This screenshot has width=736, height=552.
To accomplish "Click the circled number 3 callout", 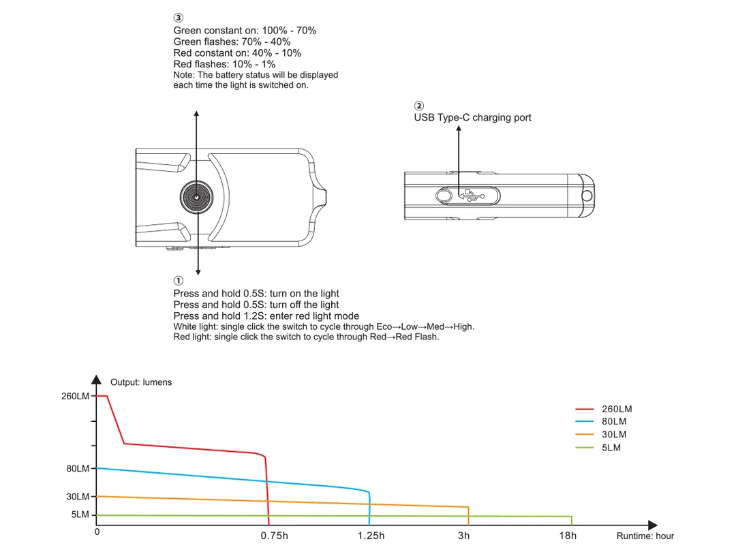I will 179,18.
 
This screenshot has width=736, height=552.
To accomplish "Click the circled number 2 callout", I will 418,106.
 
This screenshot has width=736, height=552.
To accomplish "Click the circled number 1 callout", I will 179,281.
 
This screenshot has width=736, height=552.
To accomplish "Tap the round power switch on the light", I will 197,197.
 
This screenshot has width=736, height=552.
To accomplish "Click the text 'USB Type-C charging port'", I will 472,117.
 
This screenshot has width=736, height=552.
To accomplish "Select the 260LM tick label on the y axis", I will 75,396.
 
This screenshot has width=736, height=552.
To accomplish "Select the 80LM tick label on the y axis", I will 77,469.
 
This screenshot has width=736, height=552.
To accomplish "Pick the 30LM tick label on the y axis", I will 77,497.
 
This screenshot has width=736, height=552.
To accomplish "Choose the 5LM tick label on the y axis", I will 80,515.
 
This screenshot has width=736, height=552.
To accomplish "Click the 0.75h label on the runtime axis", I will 274,536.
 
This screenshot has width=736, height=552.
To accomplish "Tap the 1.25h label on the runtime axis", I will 371,536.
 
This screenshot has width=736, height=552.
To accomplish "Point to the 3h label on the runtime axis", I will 464,536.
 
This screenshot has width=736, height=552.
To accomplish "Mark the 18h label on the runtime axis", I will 568,536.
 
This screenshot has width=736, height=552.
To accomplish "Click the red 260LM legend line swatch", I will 585,410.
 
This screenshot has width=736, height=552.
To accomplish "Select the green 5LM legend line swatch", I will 585,448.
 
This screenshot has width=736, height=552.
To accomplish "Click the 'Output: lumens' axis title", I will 141,382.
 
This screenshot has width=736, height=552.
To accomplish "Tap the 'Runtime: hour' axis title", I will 645,536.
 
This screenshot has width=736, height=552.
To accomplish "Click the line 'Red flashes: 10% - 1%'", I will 224,64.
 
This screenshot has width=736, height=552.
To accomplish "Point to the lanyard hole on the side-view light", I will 585,196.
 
